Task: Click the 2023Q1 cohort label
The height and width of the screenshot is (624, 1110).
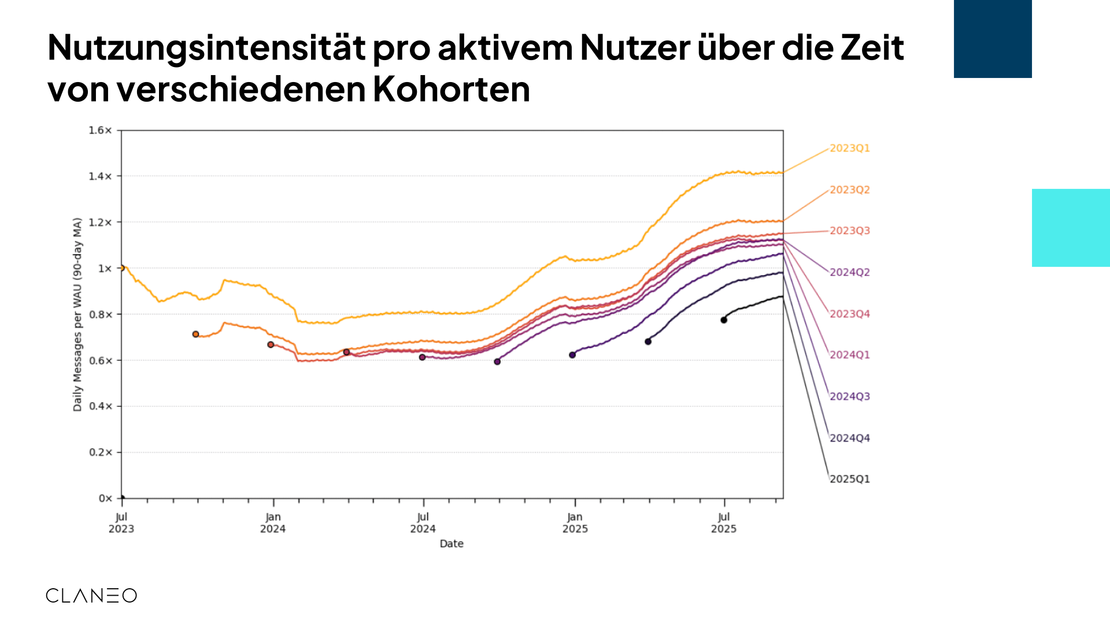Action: (x=849, y=148)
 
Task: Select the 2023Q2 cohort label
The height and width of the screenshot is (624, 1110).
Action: (x=849, y=190)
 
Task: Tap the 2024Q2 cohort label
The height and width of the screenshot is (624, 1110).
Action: (x=849, y=273)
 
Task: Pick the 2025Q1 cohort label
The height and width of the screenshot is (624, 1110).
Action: (x=849, y=480)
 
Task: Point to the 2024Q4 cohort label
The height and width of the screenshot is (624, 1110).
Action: (x=849, y=439)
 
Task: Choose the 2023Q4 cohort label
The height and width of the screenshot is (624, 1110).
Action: (x=849, y=314)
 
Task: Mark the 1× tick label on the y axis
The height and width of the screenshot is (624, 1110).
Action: (x=105, y=269)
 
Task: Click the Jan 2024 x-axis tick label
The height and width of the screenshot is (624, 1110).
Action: (x=273, y=523)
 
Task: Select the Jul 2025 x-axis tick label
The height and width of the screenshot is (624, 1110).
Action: (x=724, y=523)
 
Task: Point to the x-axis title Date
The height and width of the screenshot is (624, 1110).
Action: (x=452, y=544)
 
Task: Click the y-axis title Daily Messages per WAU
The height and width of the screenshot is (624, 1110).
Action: (x=77, y=314)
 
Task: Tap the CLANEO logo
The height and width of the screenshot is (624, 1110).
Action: (x=91, y=596)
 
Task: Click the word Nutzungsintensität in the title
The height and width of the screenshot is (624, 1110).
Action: (x=206, y=48)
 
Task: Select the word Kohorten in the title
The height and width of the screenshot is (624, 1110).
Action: (x=451, y=90)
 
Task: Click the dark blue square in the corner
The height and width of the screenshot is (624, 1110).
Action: (x=993, y=39)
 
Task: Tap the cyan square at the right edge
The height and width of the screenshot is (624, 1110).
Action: (x=1071, y=228)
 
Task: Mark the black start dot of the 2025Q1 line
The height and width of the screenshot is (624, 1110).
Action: (x=724, y=320)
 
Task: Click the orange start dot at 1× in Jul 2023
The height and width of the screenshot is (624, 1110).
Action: (x=121, y=268)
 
